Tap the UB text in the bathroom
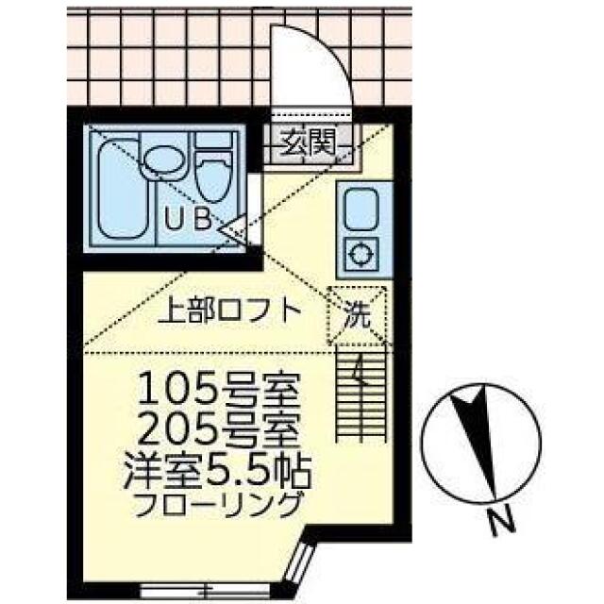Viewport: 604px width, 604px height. (188, 221)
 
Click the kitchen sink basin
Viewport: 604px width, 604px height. (361, 207)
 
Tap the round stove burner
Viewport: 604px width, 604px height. (361, 253)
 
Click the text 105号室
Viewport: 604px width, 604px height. (220, 389)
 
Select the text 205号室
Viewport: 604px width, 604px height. (220, 433)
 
